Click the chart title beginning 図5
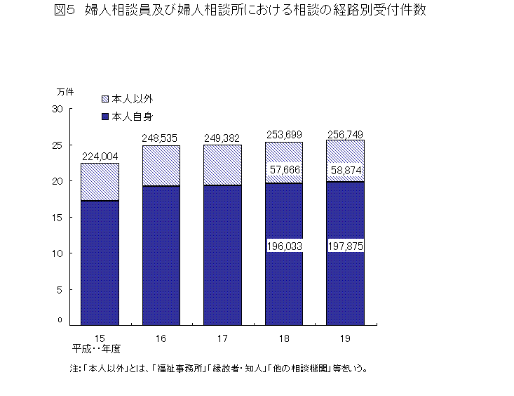[x=239, y=11]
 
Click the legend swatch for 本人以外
[x=105, y=99]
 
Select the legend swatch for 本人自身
[x=105, y=115]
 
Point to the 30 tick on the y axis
[x=58, y=110]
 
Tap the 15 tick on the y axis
[x=58, y=217]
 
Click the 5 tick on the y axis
[x=60, y=289]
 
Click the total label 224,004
[x=99, y=157]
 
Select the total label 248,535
[x=161, y=138]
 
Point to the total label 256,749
[x=344, y=134]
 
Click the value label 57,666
[x=283, y=170]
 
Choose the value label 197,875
[x=344, y=246]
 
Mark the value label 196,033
[x=283, y=246]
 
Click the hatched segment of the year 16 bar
[x=161, y=166]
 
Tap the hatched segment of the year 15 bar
[x=100, y=182]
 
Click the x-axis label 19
[x=344, y=338]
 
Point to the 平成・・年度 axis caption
[x=96, y=348]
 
